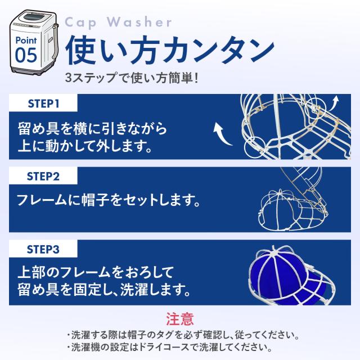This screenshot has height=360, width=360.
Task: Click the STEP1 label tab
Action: (43, 105)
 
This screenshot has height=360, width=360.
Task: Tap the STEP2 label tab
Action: (44, 175)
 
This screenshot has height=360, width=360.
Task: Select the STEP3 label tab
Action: (44, 247)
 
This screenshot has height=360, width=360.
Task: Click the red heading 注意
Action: (179, 319)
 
